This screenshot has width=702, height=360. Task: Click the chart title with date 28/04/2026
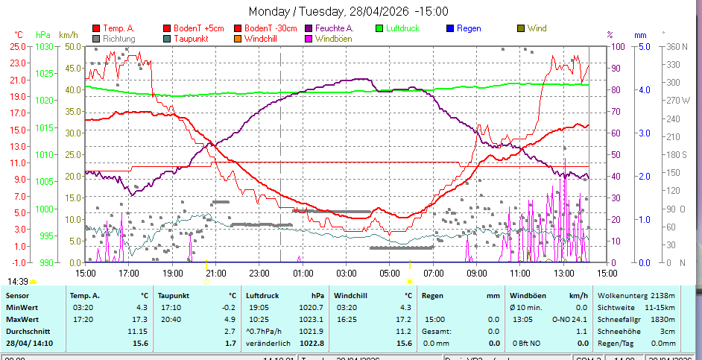[x=348, y=11]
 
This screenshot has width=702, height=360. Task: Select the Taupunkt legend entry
[x=191, y=38]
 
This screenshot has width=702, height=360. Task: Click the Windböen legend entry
[x=334, y=38]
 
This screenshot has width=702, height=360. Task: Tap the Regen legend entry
[x=469, y=28]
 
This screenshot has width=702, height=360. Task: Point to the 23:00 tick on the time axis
[x=259, y=273]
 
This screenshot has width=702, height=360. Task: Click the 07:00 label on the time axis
[x=432, y=273]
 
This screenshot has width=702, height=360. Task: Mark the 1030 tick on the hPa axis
[x=44, y=46]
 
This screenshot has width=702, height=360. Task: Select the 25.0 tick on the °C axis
[x=18, y=46]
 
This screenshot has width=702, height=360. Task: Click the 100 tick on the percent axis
[x=617, y=46]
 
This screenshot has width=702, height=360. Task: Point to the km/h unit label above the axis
[x=68, y=34]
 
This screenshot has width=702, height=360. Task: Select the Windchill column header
[x=353, y=295]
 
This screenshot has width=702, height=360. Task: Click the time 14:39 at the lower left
[x=18, y=281]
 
